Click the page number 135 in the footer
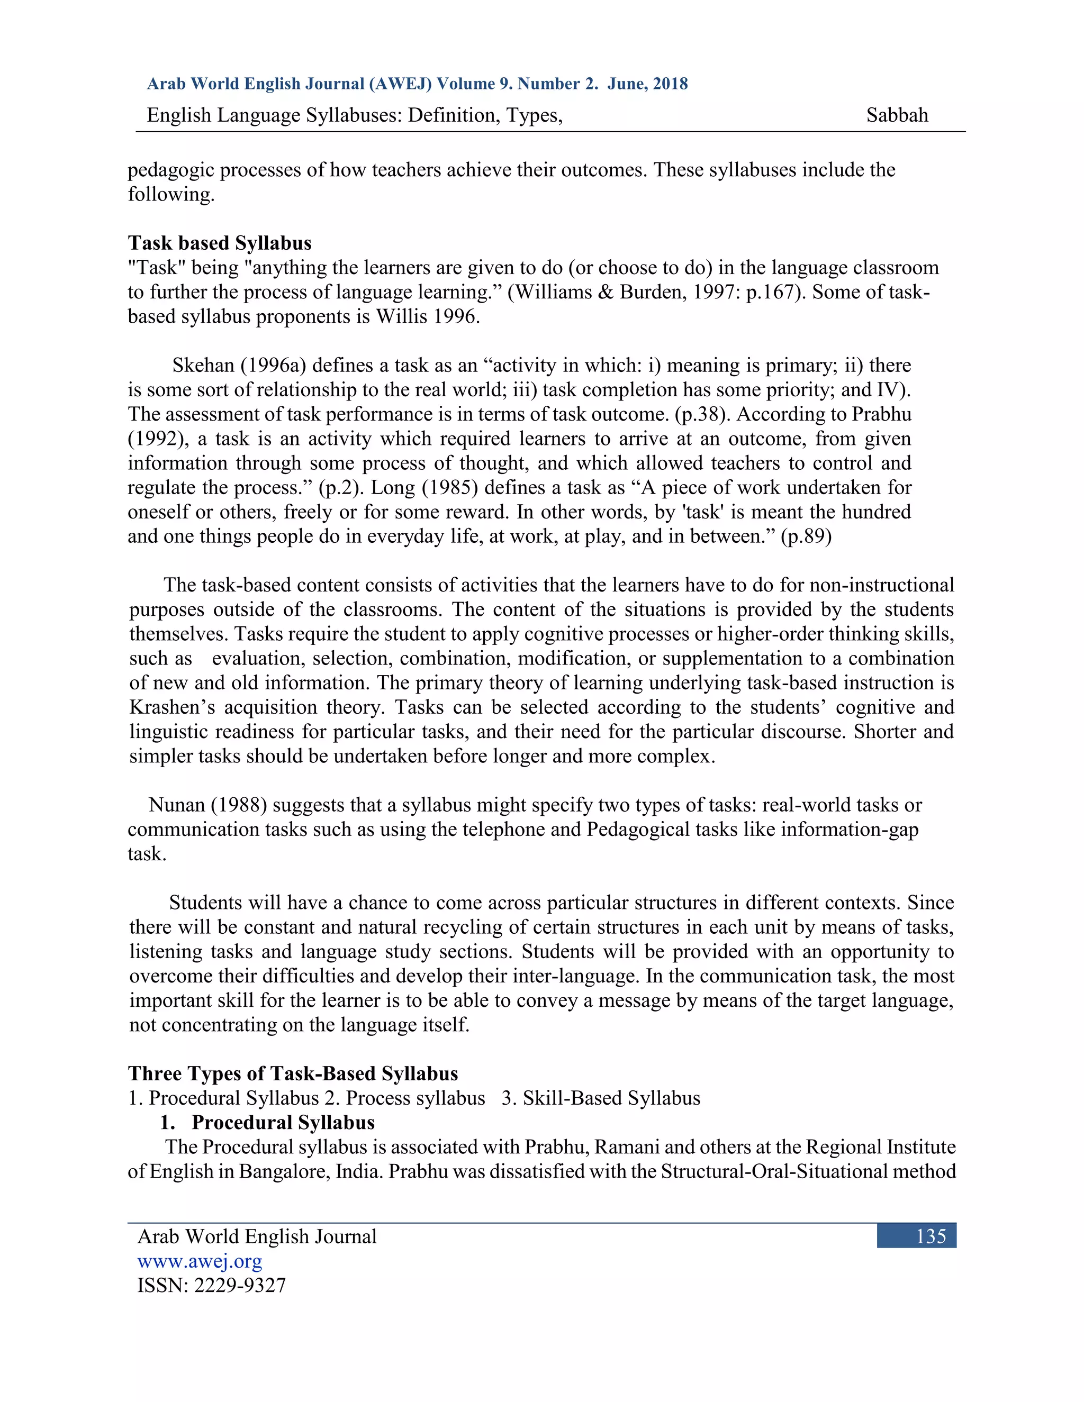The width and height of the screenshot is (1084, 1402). click(x=931, y=1236)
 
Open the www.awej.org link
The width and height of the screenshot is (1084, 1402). click(x=200, y=1261)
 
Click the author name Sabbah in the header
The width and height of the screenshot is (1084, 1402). click(x=897, y=115)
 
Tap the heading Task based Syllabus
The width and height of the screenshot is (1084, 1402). click(x=220, y=243)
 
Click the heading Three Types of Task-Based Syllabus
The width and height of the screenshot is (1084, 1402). click(x=293, y=1073)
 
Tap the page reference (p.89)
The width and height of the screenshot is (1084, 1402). click(x=806, y=536)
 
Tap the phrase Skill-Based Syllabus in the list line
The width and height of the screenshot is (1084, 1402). click(x=611, y=1098)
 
